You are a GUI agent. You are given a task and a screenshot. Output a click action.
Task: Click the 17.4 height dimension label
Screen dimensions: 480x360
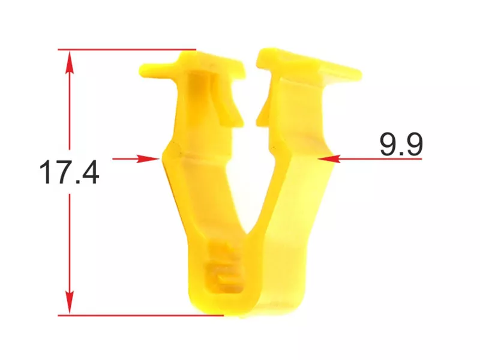tap(69, 172)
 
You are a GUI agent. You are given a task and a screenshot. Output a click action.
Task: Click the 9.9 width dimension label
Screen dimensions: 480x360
tap(401, 144)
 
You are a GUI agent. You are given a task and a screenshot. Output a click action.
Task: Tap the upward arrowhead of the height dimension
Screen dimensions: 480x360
tap(70, 62)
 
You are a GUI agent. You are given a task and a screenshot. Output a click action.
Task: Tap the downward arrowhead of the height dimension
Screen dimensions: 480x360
tap(70, 302)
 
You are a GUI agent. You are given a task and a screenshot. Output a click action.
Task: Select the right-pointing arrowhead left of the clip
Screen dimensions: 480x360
tap(148, 158)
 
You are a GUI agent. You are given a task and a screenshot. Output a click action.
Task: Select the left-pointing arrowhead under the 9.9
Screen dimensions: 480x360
tap(329, 158)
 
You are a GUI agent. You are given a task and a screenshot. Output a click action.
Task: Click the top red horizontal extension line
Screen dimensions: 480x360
tap(127, 49)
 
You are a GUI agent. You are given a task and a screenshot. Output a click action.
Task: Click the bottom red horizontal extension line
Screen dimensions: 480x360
tap(141, 315)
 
